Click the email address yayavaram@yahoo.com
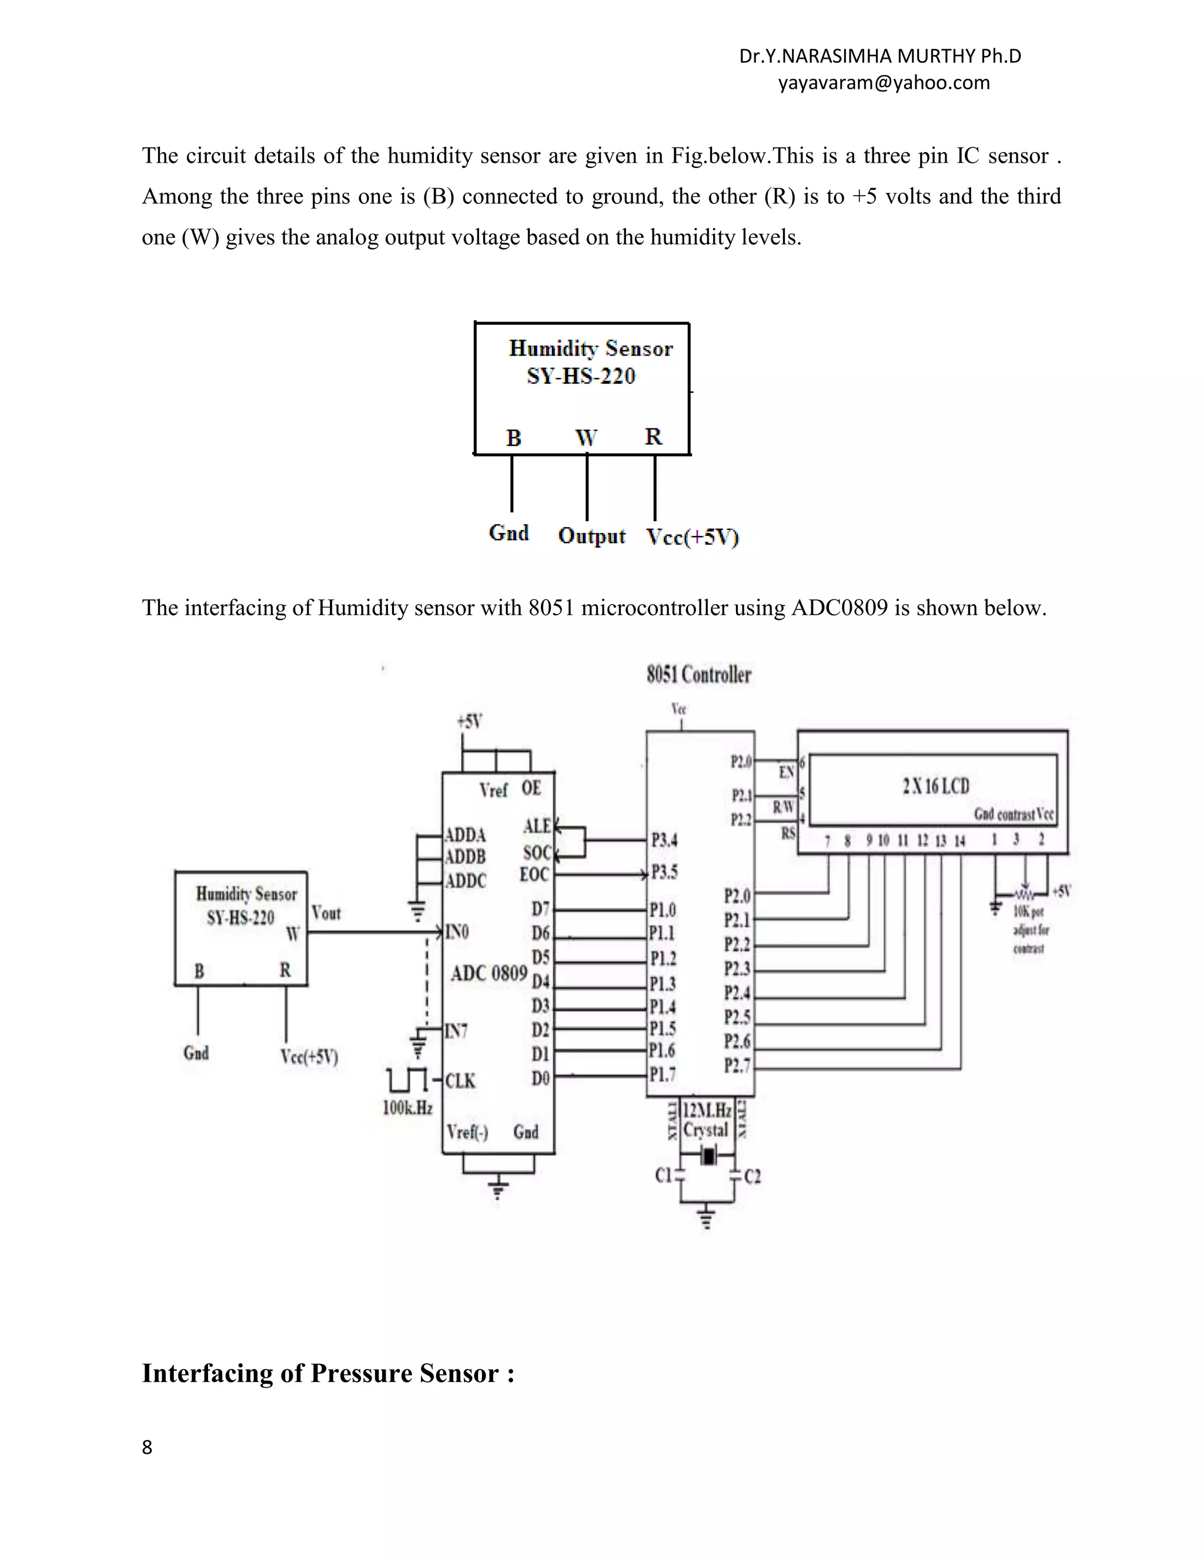coord(883,83)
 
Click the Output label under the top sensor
coord(591,535)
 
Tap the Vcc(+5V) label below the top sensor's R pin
coord(692,537)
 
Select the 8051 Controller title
coord(698,675)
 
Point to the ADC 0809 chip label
coord(489,973)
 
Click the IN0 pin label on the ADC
coord(457,932)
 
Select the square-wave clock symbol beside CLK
coord(407,1080)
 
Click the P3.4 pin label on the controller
coord(664,841)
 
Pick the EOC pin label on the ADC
coord(534,875)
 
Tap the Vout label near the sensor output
coord(326,913)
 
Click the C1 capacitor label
coord(663,1176)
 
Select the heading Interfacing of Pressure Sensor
coord(328,1373)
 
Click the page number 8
coord(147,1447)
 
